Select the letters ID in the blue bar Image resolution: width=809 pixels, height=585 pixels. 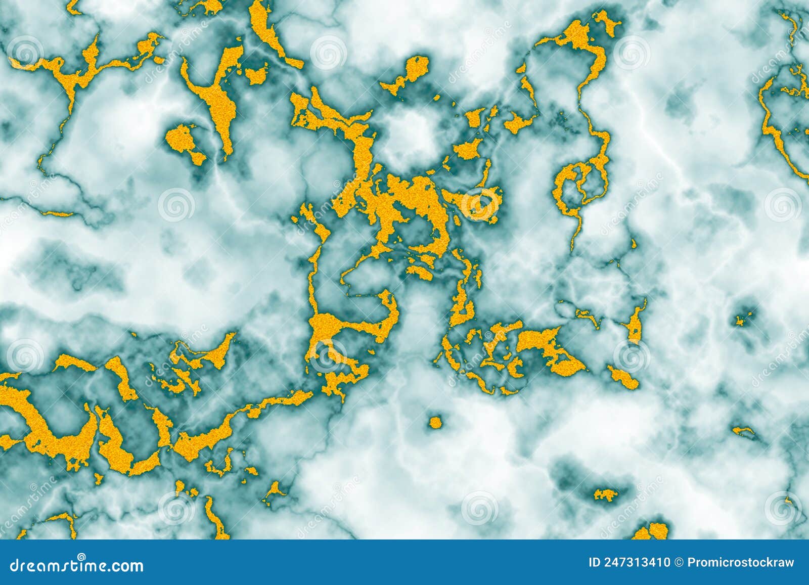596,562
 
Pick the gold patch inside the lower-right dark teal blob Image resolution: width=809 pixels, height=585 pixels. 605,494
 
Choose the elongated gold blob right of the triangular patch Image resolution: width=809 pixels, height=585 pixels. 623,377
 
